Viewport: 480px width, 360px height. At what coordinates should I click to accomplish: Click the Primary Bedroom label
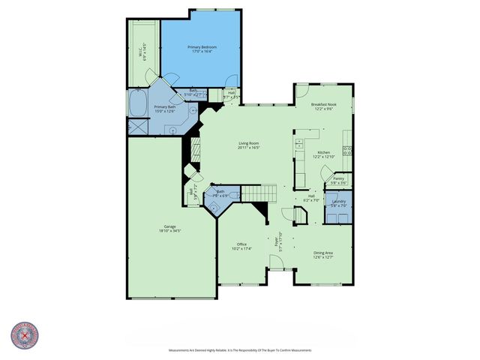pyautogui.click(x=202, y=46)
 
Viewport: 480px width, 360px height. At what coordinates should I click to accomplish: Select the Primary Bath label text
pyautogui.click(x=164, y=107)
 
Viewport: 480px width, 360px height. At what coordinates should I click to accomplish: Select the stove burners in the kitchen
pyautogui.click(x=348, y=149)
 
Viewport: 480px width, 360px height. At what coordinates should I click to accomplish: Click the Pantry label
pyautogui.click(x=339, y=178)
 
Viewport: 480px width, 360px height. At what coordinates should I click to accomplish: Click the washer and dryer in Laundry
pyautogui.click(x=338, y=217)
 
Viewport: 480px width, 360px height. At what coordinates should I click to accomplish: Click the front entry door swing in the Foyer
pyautogui.click(x=277, y=262)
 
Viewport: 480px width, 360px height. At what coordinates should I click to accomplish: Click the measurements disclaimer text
pyautogui.click(x=239, y=350)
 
